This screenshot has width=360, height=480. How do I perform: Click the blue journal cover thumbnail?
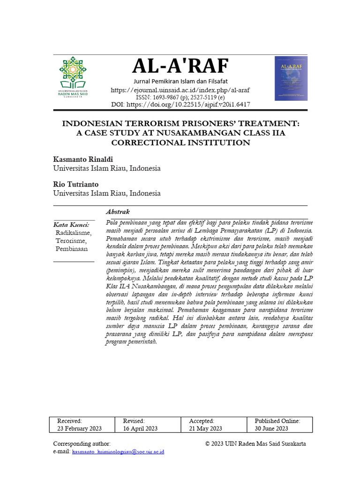coord(291,78)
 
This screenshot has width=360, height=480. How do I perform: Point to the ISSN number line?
coord(180,97)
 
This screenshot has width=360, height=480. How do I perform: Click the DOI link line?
coord(180,105)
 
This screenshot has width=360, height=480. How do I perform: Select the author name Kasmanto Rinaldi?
coord(83,159)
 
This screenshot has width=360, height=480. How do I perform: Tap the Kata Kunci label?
coord(71,225)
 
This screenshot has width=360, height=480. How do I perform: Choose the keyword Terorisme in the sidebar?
coord(70,240)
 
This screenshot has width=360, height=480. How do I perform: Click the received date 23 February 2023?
coord(79,428)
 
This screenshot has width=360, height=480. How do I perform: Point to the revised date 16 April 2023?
coord(140,428)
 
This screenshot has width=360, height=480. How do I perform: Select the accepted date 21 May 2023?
coord(205,428)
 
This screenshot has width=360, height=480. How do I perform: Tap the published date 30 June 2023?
coord(271,428)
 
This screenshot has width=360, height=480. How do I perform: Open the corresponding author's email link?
coord(118,452)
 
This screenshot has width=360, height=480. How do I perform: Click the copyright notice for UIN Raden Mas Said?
coord(255,443)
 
